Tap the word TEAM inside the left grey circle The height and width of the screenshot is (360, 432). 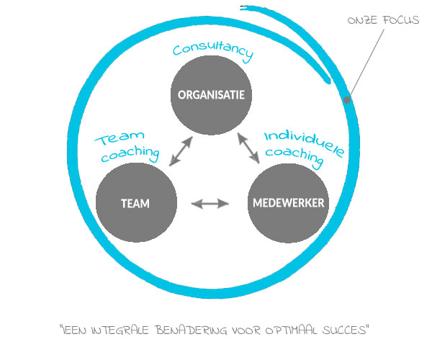[x=135, y=203]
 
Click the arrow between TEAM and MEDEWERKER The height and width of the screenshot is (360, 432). [x=210, y=204]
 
